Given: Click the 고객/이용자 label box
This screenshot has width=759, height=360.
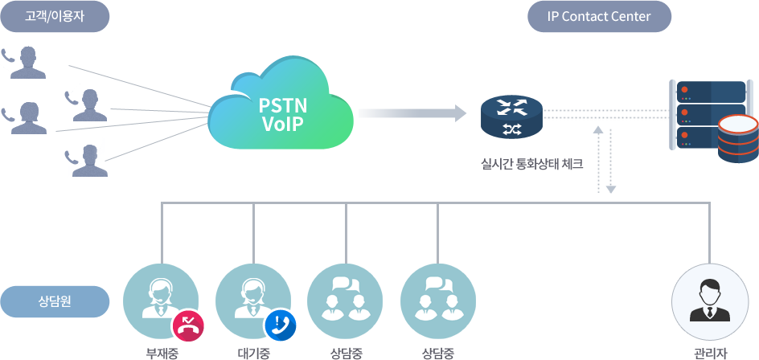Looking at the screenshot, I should (x=55, y=17).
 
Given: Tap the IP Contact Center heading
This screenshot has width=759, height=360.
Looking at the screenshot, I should (x=599, y=17).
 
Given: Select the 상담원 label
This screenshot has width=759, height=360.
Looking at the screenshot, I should (x=55, y=301).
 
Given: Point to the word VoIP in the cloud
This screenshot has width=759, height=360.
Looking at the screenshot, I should (x=282, y=125).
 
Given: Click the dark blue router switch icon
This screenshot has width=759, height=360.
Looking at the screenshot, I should (x=511, y=116).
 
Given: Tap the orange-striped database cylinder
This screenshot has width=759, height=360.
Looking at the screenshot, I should (x=737, y=139).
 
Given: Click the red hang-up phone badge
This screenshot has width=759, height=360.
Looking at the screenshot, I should (x=188, y=325).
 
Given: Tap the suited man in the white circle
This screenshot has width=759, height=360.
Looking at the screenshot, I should (x=709, y=300).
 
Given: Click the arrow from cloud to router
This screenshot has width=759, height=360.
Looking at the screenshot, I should (x=413, y=113).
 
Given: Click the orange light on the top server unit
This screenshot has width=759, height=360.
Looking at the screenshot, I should (x=685, y=90).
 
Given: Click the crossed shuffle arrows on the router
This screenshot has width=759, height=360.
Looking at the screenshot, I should (x=511, y=129).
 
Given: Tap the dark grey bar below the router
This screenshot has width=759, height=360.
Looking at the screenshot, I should (x=531, y=165).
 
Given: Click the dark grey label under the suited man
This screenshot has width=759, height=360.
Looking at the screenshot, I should (x=710, y=354).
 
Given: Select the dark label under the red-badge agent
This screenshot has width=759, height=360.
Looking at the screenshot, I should (x=162, y=354).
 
